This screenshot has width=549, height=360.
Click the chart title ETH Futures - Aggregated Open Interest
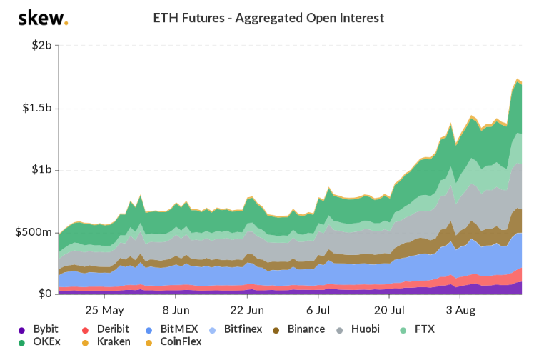coord(274,17)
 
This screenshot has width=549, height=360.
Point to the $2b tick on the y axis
coord(41,46)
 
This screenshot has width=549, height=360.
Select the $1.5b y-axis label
coord(36,108)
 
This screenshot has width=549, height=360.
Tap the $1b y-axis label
coord(41,170)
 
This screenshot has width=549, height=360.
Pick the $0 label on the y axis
coord(44,294)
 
